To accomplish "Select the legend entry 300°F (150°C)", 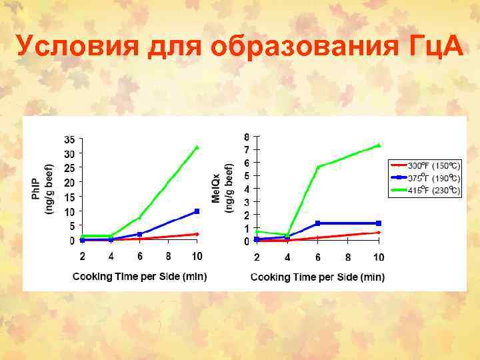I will (x=434, y=165).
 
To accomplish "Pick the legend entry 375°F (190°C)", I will (x=434, y=178).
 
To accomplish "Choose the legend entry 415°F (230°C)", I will (x=434, y=191).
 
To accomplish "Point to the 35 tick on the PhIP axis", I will (x=69, y=140).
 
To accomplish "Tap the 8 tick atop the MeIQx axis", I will (x=247, y=137).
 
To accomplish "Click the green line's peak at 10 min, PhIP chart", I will (x=197, y=147).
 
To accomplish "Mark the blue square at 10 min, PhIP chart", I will (x=197, y=211).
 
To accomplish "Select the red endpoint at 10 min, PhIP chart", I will (x=197, y=234).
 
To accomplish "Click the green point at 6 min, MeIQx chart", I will (x=318, y=167).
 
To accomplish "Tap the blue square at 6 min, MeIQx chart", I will (x=318, y=223).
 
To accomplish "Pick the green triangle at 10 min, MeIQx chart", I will (x=378, y=145).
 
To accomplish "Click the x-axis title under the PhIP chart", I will (x=139, y=276).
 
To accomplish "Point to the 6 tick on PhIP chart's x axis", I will (x=140, y=256).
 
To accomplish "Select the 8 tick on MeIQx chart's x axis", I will (x=348, y=257).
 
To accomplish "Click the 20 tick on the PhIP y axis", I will (x=69, y=182).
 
